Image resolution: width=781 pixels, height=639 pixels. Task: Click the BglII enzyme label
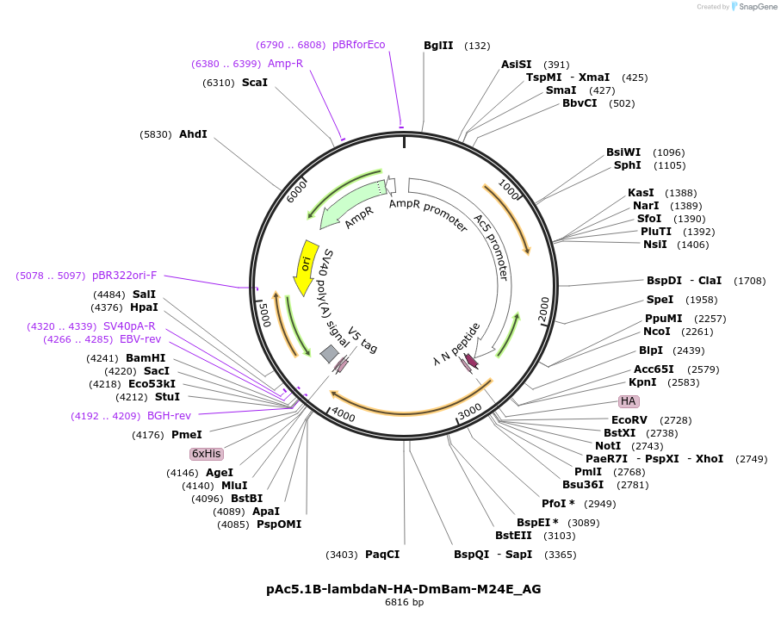coord(438,46)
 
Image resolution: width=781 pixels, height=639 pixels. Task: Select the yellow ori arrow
coord(305,266)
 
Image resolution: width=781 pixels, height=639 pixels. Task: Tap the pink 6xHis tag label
coord(207,454)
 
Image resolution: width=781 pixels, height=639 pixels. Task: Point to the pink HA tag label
coord(629,401)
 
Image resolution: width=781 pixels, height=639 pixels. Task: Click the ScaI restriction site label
coord(254,83)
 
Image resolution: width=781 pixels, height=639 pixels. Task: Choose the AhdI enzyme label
coord(193,134)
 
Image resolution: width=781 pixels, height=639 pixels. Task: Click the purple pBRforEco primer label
coord(359,45)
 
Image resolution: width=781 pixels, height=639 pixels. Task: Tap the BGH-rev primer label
coord(169,416)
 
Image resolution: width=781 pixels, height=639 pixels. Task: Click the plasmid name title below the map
coord(404,589)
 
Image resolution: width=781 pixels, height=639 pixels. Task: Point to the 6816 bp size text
coord(404,603)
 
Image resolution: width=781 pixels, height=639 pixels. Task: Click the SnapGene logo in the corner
coord(754,7)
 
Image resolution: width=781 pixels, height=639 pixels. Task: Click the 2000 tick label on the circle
coord(542,310)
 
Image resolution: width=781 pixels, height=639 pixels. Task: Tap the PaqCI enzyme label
coord(382,555)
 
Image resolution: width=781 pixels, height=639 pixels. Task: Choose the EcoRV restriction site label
coord(629,420)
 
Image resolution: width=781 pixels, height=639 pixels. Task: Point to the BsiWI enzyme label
coord(624,152)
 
